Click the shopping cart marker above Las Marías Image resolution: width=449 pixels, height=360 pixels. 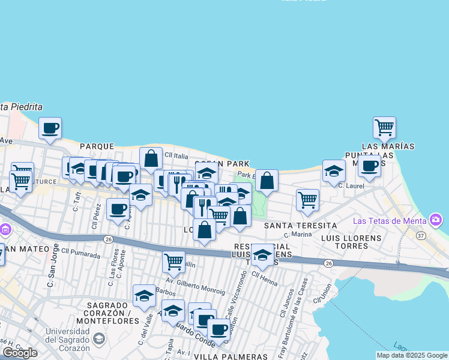click(x=384, y=127)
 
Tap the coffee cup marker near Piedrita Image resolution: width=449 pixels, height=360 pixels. click(x=50, y=128)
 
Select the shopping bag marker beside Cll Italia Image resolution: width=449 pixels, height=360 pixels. click(x=151, y=158)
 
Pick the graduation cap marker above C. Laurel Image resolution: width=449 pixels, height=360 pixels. click(x=334, y=171)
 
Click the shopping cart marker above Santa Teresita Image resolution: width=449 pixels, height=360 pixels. click(x=307, y=199)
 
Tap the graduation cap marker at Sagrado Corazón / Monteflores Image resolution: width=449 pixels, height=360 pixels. click(x=144, y=295)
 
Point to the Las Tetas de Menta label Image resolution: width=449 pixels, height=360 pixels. click(x=393, y=220)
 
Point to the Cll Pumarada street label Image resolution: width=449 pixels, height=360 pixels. click(x=80, y=254)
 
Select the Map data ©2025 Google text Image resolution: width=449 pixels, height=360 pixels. click(x=412, y=355)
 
